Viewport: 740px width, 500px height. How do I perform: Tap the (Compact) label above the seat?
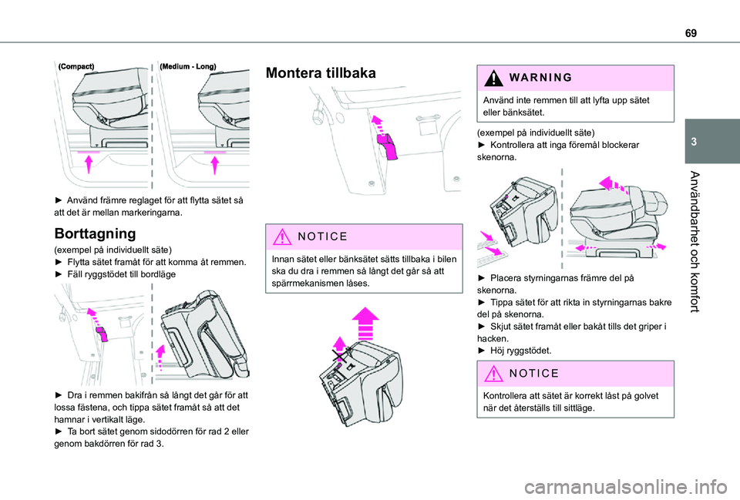click(x=76, y=67)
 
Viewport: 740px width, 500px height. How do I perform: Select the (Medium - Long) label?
click(x=188, y=67)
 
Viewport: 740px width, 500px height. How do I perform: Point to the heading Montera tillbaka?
click(x=321, y=74)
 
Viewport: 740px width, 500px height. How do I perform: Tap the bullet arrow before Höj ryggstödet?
click(x=483, y=351)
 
